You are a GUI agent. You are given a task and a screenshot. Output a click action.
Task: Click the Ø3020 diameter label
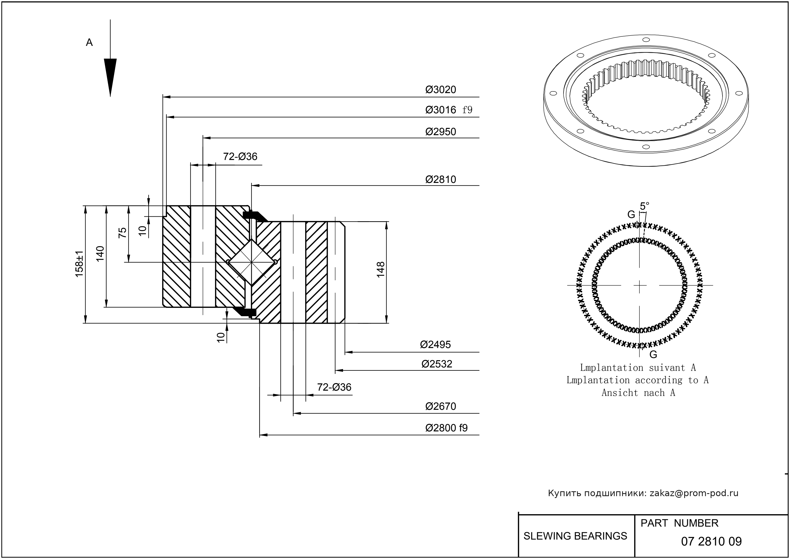click(440, 90)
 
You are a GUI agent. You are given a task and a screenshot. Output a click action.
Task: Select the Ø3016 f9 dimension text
click(448, 110)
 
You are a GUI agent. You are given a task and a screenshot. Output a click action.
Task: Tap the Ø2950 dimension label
click(440, 132)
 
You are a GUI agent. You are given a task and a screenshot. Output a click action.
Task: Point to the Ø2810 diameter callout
click(440, 180)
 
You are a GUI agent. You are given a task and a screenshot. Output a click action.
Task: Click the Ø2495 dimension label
click(435, 345)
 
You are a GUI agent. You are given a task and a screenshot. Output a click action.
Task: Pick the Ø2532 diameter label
click(436, 364)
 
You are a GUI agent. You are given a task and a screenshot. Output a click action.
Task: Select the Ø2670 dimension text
click(440, 407)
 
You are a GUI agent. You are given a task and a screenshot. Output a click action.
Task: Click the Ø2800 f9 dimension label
click(446, 428)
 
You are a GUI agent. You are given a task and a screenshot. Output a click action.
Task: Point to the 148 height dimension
click(381, 270)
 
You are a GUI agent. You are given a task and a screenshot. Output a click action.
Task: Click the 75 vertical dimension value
click(123, 233)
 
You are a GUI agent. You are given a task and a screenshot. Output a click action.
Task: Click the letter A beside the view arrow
click(89, 43)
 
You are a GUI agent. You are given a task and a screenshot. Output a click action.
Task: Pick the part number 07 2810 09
click(711, 542)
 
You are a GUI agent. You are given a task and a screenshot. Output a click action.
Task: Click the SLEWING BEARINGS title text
click(575, 536)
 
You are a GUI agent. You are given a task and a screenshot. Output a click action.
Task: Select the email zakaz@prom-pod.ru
click(694, 493)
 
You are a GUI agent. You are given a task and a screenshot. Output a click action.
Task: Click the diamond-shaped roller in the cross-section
click(252, 262)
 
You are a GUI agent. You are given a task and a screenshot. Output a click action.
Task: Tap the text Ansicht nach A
click(638, 393)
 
